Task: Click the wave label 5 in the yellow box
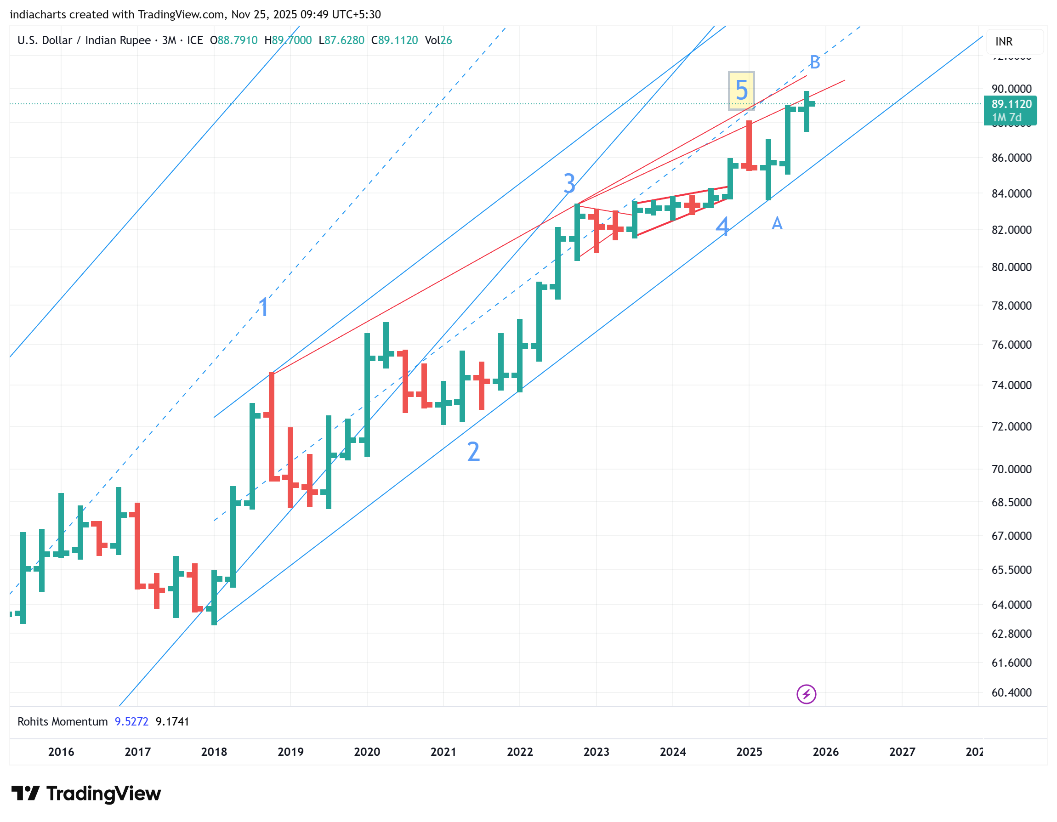click(741, 91)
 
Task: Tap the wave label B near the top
click(814, 62)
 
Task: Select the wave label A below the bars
click(777, 223)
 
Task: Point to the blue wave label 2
click(473, 452)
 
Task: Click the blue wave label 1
click(264, 307)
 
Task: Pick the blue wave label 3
click(570, 183)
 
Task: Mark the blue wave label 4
click(722, 226)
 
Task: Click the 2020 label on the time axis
click(367, 752)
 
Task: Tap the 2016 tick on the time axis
click(61, 752)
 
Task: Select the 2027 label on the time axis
click(902, 752)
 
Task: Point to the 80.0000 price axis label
click(1011, 267)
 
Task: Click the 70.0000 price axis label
click(1011, 469)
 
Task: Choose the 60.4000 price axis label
click(1011, 693)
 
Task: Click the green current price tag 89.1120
click(1011, 104)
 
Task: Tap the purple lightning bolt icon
click(806, 694)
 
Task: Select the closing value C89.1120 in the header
click(394, 40)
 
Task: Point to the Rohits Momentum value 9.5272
click(131, 722)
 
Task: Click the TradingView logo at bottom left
click(86, 794)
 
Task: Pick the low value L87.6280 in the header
click(341, 40)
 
